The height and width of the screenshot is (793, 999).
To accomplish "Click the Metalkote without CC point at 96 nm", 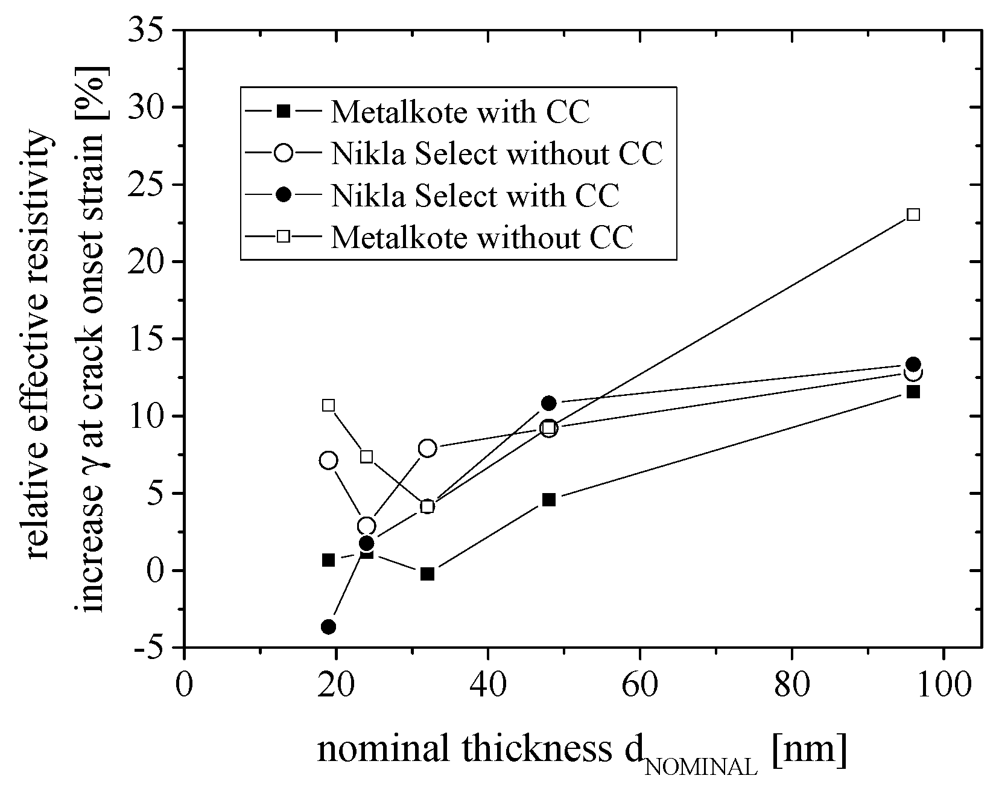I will pos(913,214).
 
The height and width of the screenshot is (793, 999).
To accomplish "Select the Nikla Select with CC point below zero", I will pos(328,626).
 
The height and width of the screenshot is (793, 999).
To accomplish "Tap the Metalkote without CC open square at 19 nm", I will pos(328,405).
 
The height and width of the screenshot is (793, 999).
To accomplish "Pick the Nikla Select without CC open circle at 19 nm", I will pos(328,460).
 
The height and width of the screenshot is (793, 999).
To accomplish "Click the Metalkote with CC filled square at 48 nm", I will pos(548,500).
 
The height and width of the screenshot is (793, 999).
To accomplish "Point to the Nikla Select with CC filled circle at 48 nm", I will pos(548,403).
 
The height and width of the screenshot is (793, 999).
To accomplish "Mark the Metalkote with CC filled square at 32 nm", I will pos(427,573).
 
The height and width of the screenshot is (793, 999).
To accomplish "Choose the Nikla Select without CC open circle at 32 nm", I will pos(427,448).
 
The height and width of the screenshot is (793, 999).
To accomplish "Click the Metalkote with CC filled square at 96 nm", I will pos(913,392).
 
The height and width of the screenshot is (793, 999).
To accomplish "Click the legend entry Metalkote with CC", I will pos(460,112).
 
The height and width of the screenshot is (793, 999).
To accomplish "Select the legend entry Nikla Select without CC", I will pos(496,154).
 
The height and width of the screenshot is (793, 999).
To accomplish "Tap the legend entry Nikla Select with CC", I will pos(475,196).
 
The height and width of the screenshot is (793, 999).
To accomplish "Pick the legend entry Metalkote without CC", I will pos(482,237).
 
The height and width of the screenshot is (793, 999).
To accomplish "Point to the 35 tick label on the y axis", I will pos(148,30).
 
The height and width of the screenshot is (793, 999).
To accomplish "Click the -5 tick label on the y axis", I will pos(148,648).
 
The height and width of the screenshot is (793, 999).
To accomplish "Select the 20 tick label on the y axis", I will pos(148,262).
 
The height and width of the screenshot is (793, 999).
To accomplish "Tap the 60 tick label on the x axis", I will pos(639,686).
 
